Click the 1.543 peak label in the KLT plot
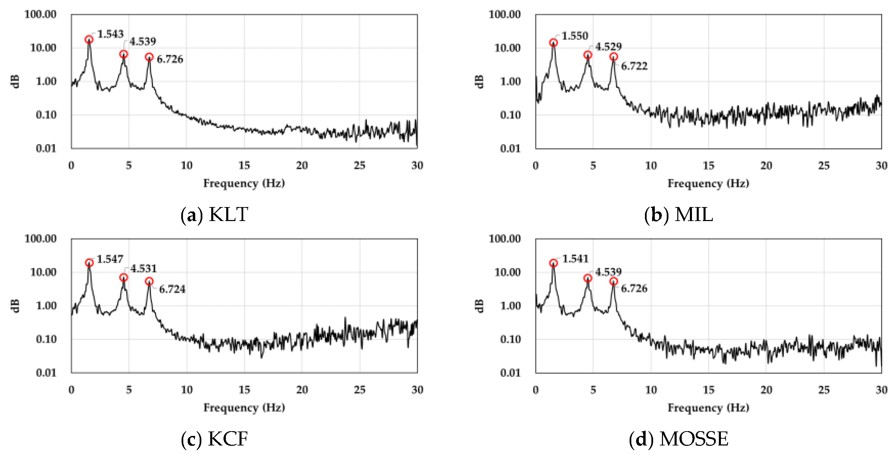[x=110, y=34]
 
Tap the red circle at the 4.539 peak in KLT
[x=124, y=54]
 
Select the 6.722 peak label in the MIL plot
[x=634, y=66]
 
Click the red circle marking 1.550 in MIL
[x=554, y=43]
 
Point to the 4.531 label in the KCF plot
[x=143, y=268]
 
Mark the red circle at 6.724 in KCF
[x=149, y=281]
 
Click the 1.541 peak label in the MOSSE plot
[x=575, y=259]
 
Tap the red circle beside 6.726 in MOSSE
[x=614, y=281]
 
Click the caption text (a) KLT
[x=214, y=214]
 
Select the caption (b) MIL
[x=678, y=214]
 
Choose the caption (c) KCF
[x=214, y=439]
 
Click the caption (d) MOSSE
[x=678, y=439]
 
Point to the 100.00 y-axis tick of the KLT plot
[x=40, y=14]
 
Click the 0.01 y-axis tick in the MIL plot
[x=510, y=149]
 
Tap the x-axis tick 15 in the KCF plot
[x=244, y=390]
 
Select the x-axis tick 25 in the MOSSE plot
[x=824, y=390]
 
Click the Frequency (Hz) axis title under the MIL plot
[x=708, y=183]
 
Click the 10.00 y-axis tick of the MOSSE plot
[x=507, y=272]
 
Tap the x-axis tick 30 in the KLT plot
[x=417, y=165]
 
